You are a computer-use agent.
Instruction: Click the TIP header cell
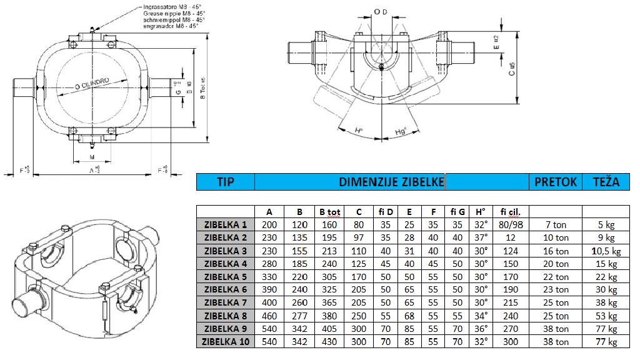(226, 182)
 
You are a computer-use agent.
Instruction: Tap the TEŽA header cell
(605, 182)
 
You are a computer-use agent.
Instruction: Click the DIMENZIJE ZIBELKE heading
(392, 182)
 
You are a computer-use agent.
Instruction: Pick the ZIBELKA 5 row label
(226, 277)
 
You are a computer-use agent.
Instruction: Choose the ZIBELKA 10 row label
(226, 342)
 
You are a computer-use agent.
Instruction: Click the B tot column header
(327, 211)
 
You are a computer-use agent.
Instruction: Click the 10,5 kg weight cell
(605, 251)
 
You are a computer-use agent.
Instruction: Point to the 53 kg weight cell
(605, 316)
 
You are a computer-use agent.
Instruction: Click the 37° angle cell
(481, 237)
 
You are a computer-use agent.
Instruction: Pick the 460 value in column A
(269, 316)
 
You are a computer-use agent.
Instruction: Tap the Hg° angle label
(401, 131)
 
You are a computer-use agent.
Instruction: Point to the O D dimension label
(380, 11)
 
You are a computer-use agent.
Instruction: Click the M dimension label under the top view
(92, 157)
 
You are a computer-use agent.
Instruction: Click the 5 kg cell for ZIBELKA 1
(605, 224)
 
